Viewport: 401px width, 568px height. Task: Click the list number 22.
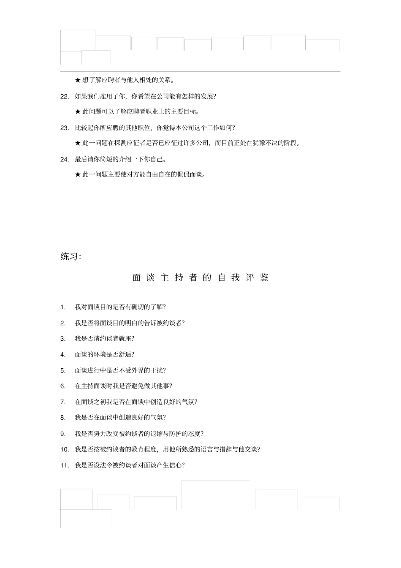[x=64, y=96]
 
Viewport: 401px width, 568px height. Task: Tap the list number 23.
[x=64, y=128]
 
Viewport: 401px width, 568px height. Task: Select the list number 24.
[x=64, y=160]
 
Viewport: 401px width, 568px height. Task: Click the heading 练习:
[x=70, y=256]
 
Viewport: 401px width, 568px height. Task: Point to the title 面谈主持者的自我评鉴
[x=200, y=278]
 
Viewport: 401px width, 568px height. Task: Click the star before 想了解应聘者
[x=78, y=80]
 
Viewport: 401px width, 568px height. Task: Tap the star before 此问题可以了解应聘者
[x=78, y=112]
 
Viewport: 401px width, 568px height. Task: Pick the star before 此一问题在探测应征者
[x=78, y=143]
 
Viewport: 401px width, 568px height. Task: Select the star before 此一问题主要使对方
[x=78, y=175]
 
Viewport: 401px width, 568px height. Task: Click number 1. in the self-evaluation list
[x=63, y=307]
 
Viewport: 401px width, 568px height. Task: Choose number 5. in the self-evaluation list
[x=63, y=371]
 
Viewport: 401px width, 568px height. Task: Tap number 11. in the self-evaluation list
[x=64, y=465]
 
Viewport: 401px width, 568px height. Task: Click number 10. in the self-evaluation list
[x=64, y=449]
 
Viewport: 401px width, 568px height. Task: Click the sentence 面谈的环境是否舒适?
[x=105, y=355]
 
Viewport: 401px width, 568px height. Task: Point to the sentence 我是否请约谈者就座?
[x=105, y=339]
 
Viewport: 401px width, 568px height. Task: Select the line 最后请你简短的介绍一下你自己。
[x=120, y=160]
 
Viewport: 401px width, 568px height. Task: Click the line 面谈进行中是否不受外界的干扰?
[x=120, y=371]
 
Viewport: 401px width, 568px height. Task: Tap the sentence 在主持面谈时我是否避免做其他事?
[x=124, y=386]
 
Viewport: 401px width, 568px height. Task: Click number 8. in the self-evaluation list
[x=63, y=418]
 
